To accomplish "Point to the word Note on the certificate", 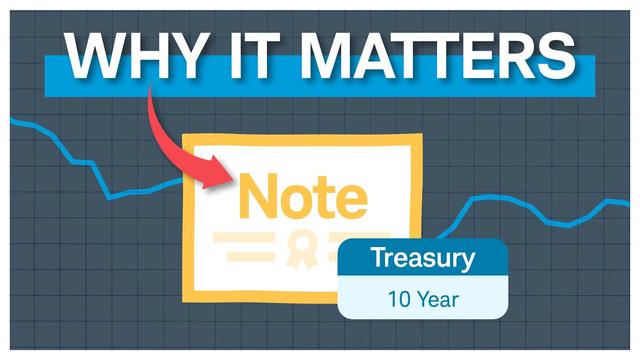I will point(301,196).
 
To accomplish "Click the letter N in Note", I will point(257,196).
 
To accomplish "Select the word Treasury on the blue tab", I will point(422,259).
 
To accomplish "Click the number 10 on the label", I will point(399,298).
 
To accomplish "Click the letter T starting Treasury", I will point(378,258).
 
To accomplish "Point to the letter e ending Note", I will point(349,199).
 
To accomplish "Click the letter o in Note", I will point(294,200).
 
